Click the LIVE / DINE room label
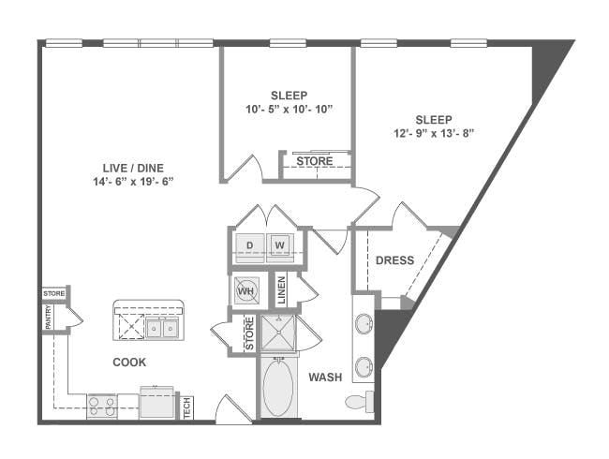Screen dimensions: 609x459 pos(133,169)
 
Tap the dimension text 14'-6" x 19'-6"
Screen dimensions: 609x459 pos(133,182)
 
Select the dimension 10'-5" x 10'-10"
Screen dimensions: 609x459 pos(290,109)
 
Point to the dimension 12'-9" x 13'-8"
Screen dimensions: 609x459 pos(434,134)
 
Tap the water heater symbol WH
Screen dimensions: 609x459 pos(245,290)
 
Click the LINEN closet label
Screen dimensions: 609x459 pos(282,290)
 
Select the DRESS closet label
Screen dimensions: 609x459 pos(395,260)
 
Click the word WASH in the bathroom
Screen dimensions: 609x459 pos(325,378)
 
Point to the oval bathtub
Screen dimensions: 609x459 pos(278,389)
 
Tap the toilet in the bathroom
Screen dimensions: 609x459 pos(359,402)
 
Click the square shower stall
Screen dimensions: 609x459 pos(278,333)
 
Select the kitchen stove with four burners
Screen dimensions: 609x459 pos(102,407)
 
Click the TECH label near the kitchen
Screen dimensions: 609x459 pos(187,408)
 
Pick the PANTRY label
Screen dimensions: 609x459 pos(48,318)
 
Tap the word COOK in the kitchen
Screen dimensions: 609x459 pos(129,363)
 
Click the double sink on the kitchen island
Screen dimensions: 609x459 pos(162,329)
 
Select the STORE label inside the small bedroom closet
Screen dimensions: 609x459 pos(315,161)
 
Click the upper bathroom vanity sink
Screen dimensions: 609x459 pos(364,323)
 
